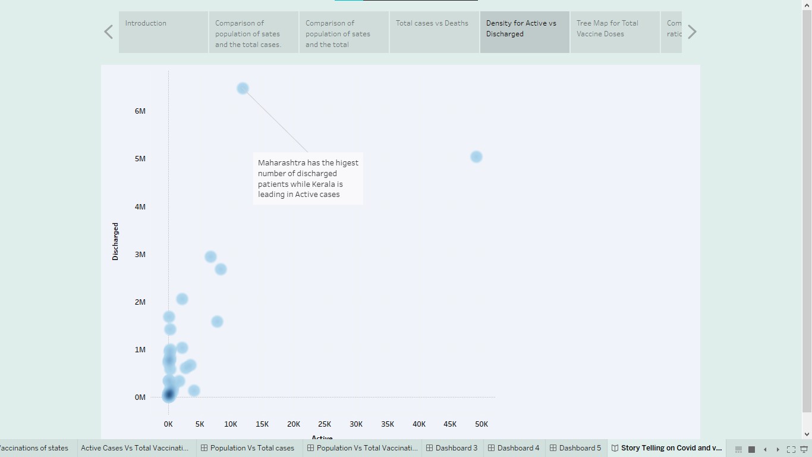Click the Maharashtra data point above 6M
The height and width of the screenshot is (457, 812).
coord(243,89)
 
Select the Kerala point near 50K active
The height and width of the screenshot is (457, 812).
coord(476,157)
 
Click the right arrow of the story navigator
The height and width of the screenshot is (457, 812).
coord(692,32)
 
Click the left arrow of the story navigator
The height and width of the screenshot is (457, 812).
coord(108,32)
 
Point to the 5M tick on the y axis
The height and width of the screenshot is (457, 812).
coord(140,159)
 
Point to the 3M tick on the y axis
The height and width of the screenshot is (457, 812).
coord(140,255)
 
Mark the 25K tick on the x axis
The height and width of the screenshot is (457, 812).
coord(325,424)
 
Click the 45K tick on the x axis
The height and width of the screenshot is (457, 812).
coord(450,424)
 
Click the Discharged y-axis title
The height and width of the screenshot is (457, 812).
coord(115,242)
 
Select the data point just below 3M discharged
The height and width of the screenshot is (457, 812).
coord(210,257)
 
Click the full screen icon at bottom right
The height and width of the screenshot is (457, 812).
coord(791,449)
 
